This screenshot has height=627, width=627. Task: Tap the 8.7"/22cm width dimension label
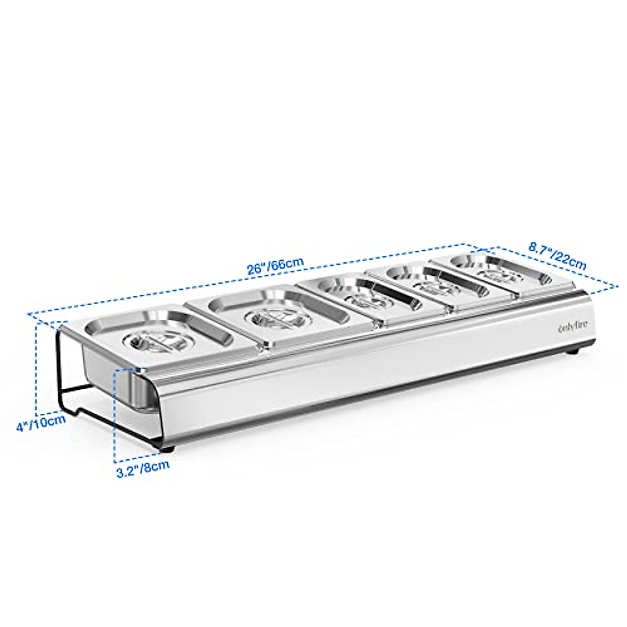[x=557, y=256]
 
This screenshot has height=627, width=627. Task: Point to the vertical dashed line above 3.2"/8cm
[x=114, y=413]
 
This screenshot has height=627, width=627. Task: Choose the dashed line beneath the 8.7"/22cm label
[x=554, y=266]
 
